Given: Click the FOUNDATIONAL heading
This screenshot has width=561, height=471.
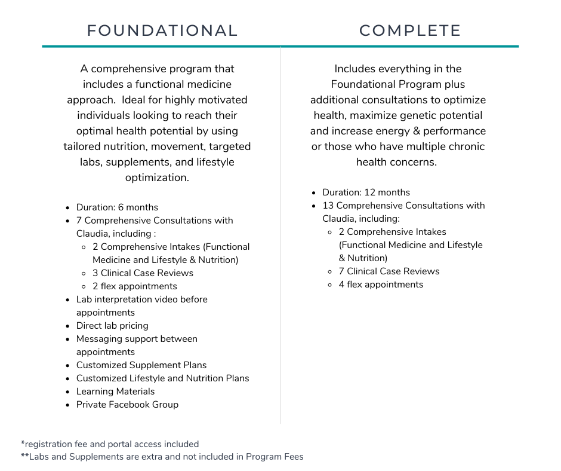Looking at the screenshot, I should tap(162, 30).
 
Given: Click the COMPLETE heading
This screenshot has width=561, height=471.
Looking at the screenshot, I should tap(410, 30).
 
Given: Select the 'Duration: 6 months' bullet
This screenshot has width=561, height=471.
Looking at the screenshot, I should tap(117, 207).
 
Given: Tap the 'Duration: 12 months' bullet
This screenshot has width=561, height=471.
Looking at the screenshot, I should tap(366, 192).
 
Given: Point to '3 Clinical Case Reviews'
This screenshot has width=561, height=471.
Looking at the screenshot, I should tap(143, 273).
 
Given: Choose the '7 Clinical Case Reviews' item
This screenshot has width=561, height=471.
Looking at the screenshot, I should tap(389, 271).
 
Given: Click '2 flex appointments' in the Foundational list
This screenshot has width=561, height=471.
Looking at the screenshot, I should tap(134, 286).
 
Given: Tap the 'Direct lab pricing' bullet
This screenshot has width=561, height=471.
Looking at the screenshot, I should tap(112, 326).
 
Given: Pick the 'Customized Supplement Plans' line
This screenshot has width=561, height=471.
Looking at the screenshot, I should tap(141, 365).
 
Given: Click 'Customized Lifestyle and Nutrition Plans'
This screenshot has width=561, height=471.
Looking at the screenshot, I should tap(162, 378).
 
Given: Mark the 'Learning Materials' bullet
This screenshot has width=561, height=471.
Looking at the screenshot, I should tap(115, 392).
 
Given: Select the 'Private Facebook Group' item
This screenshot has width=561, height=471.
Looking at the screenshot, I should tap(127, 405).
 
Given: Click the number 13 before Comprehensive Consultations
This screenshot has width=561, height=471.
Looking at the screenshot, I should tap(328, 206).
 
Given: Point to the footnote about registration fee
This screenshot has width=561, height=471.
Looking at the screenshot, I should tap(110, 444).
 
